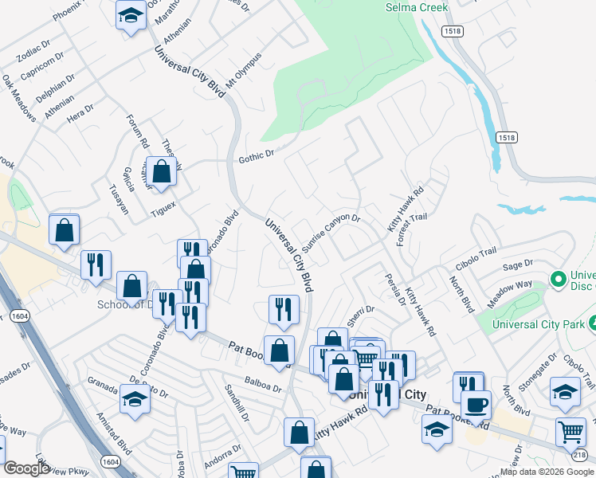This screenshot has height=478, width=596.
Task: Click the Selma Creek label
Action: (417, 7)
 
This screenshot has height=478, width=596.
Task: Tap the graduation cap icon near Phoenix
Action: (131, 16)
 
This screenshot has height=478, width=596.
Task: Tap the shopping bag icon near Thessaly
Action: (161, 172)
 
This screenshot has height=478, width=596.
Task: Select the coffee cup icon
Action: (476, 405)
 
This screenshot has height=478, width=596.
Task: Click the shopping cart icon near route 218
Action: (571, 433)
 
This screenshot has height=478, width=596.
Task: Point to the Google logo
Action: (26, 468)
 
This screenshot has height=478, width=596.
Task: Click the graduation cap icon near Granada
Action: (135, 399)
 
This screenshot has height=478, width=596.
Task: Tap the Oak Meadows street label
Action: (18, 99)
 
